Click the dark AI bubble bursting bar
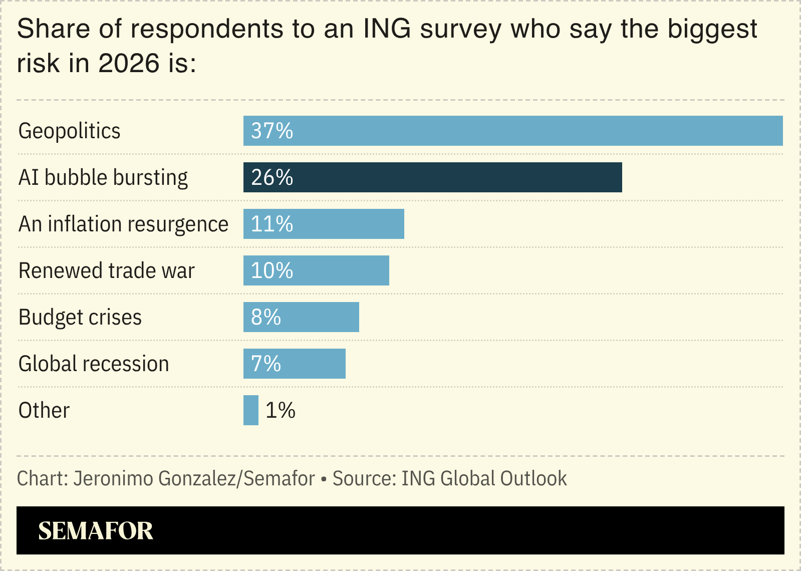click(432, 177)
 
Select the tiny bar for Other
click(250, 410)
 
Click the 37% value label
click(272, 131)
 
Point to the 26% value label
click(272, 177)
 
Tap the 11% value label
click(272, 224)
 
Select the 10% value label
click(272, 270)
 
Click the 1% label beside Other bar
click(280, 410)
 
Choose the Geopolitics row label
click(69, 131)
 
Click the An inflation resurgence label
click(123, 224)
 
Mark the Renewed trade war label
click(106, 270)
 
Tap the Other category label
click(44, 410)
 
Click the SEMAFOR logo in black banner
click(95, 530)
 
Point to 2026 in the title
click(129, 64)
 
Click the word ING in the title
click(387, 29)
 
